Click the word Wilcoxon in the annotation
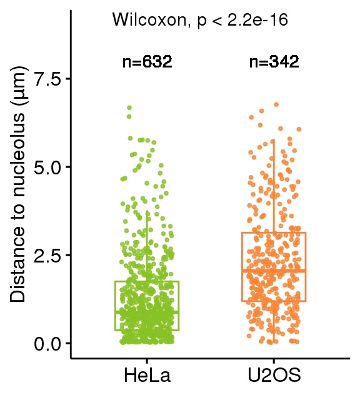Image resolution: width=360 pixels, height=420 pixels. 149,20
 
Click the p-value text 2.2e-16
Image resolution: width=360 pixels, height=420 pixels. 257,20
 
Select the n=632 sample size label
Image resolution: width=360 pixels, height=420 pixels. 147,62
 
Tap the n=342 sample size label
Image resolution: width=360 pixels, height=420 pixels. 274,62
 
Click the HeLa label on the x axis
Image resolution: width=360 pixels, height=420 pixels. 147,375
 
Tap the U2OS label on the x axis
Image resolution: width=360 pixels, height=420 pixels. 274,375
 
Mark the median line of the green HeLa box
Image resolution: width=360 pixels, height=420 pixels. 147,312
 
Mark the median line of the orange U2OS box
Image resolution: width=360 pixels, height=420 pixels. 274,271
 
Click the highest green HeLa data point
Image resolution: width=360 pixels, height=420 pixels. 129,107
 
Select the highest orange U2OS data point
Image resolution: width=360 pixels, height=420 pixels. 276,104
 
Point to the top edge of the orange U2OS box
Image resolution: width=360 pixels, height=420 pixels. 274,232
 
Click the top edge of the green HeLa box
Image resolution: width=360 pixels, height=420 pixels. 147,281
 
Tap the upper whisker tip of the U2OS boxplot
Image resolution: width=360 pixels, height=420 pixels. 274,140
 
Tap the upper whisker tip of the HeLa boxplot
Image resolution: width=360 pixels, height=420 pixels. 147,211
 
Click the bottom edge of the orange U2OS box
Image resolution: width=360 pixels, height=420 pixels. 274,301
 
